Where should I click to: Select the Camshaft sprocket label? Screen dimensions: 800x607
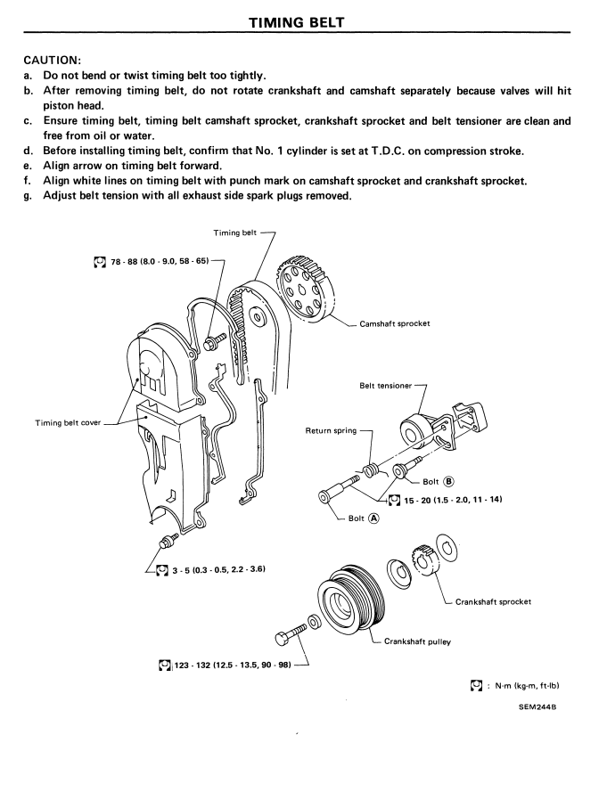pyautogui.click(x=394, y=323)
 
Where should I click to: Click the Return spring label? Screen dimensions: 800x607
pyautogui.click(x=332, y=431)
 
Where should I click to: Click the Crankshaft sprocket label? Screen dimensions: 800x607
pyautogui.click(x=493, y=601)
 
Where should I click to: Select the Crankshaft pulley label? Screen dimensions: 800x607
pyautogui.click(x=414, y=641)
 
